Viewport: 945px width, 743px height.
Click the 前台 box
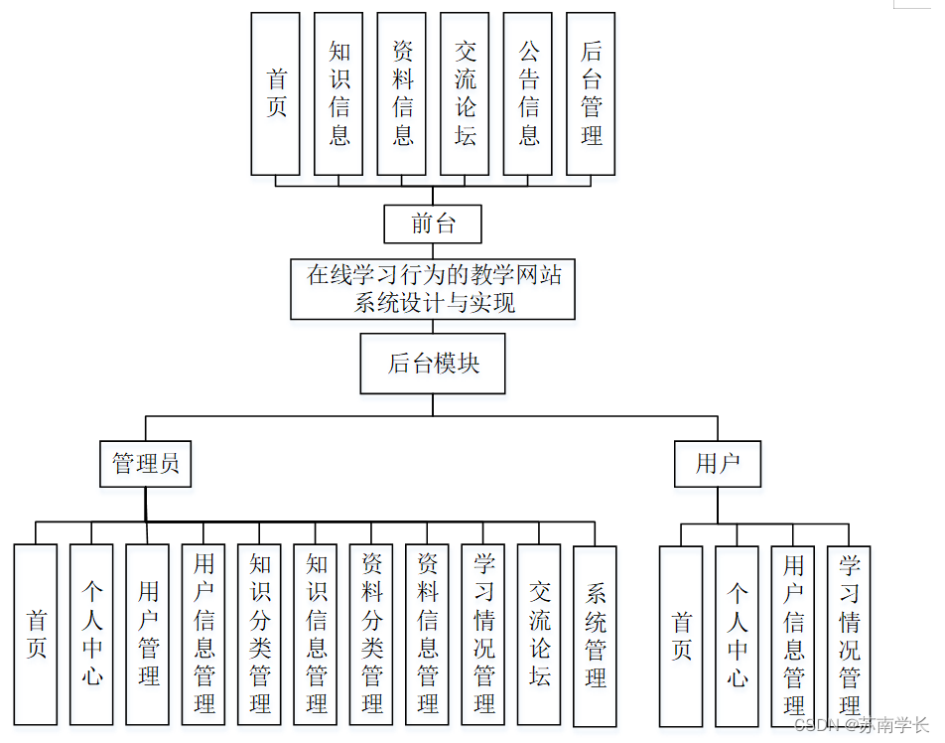tap(433, 224)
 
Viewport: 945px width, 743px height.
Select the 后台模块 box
tap(433, 364)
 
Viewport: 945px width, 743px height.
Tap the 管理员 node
tap(146, 464)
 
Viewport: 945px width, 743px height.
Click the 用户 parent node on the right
tap(718, 464)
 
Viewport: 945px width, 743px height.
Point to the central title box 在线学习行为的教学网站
tap(433, 289)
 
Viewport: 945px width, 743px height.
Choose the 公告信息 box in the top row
tap(528, 93)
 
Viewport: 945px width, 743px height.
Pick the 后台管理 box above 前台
tap(591, 93)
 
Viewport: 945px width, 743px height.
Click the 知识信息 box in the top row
tap(338, 93)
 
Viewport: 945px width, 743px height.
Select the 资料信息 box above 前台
tap(402, 93)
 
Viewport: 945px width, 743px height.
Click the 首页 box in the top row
tap(275, 93)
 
